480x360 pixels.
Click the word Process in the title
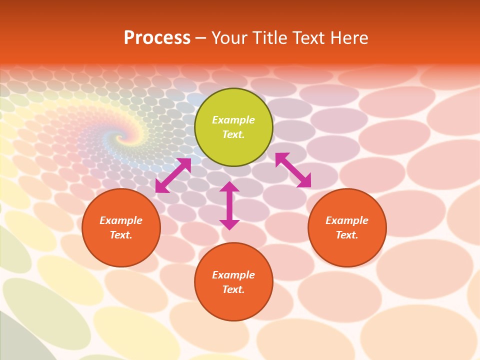tap(157, 38)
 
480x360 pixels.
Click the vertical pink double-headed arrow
tap(229, 206)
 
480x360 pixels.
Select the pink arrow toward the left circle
tap(173, 175)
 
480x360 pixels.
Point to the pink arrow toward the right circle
tap(293, 170)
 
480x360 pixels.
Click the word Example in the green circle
tap(233, 120)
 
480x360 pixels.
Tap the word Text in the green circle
tap(233, 134)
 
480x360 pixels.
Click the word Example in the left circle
tap(121, 220)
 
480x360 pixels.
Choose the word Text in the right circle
tap(347, 235)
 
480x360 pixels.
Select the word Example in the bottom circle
tap(233, 275)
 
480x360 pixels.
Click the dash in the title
tap(201, 38)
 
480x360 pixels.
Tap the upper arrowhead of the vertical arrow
tap(229, 187)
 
